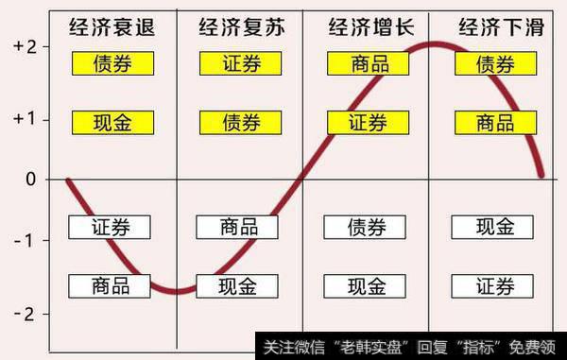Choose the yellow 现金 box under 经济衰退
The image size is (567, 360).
112,122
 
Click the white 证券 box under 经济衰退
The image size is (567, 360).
112,227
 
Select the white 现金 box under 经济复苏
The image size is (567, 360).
237,285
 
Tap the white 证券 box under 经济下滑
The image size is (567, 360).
492,285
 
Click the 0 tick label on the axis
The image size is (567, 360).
30,179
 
